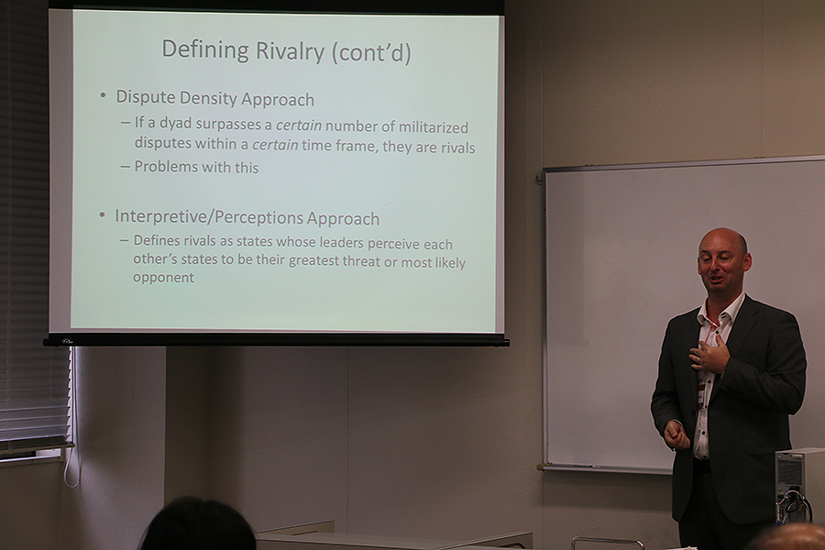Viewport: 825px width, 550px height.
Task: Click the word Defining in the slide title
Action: (x=205, y=49)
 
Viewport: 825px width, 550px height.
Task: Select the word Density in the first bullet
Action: (x=208, y=99)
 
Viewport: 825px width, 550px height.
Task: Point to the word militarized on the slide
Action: (x=433, y=127)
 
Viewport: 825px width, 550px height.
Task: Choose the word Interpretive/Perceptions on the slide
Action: (x=209, y=218)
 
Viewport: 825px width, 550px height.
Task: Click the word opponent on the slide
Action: (x=163, y=278)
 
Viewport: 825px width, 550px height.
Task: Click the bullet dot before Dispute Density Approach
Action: (x=104, y=96)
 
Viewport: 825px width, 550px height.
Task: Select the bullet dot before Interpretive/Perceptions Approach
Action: (x=102, y=214)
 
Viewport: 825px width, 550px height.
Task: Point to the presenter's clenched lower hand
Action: (x=676, y=435)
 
